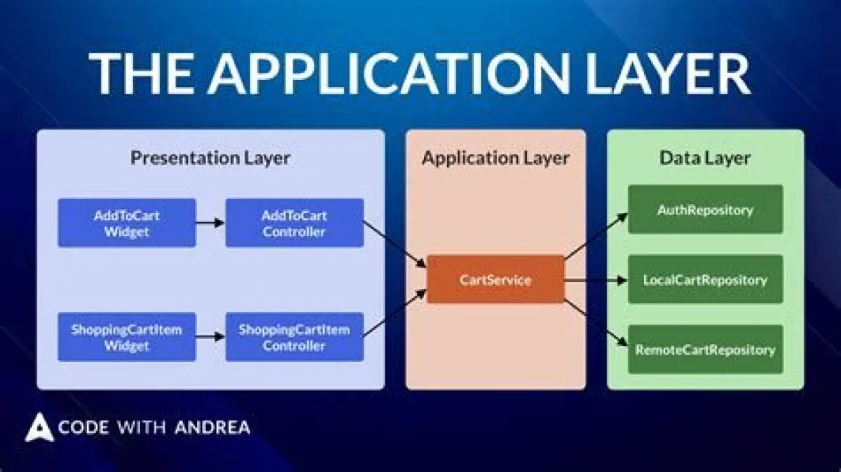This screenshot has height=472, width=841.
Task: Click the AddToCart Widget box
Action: [127, 223]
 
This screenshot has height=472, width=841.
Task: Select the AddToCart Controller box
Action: [294, 223]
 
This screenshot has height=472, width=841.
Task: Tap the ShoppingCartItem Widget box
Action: [127, 337]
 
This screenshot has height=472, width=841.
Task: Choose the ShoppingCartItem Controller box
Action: [294, 337]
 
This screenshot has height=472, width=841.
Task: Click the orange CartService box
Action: [495, 279]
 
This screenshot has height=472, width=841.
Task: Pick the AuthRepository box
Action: [705, 209]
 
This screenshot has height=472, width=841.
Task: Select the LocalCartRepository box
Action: [705, 279]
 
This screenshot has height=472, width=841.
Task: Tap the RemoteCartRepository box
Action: [705, 349]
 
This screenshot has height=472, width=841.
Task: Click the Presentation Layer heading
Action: [210, 158]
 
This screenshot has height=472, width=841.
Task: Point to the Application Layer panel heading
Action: [495, 158]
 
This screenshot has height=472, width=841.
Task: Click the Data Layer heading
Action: [705, 158]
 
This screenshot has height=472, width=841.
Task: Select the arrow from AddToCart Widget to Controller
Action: [210, 223]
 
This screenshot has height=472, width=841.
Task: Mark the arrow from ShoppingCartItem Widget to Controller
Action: [210, 337]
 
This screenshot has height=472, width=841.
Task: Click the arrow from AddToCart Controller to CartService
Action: [395, 244]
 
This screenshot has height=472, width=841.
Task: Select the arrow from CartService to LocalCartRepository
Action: [596, 280]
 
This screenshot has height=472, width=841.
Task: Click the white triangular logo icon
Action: [39, 428]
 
